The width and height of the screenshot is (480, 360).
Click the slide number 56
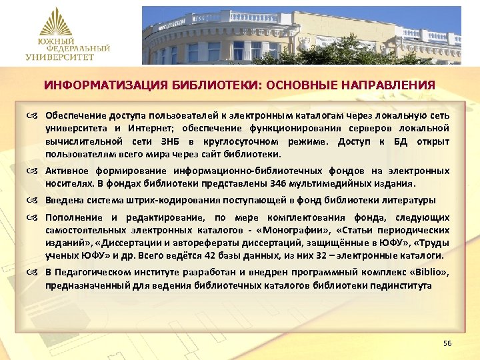coord(447,343)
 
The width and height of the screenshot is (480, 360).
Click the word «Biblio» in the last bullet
coord(430,273)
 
